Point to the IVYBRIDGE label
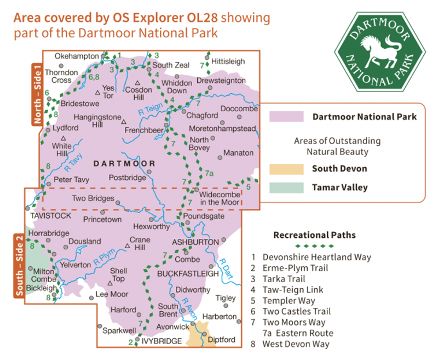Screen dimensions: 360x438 pos(162,341)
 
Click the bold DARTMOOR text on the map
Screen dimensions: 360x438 pos(125,163)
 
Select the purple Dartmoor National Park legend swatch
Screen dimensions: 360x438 pos(286,117)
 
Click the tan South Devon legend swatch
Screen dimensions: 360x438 pos(286,169)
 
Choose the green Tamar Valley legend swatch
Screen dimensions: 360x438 pos(286,187)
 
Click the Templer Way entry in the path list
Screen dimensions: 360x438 pos(289,301)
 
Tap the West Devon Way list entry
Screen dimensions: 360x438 pos(296,344)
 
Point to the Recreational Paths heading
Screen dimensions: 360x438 pos(314,235)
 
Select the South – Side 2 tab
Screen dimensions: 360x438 pos(19,266)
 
